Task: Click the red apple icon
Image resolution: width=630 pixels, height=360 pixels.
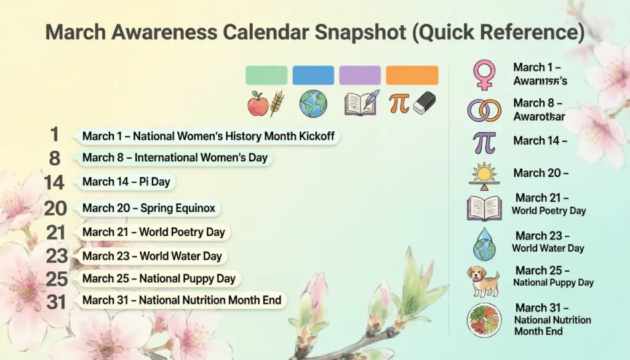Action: point(258,103)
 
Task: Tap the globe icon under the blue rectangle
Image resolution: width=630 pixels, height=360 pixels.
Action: point(313,103)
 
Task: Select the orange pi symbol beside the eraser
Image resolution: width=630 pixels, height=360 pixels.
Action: point(399,103)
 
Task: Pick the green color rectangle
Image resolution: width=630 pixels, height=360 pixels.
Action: point(266,75)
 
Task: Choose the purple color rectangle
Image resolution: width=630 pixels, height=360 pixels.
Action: point(360,75)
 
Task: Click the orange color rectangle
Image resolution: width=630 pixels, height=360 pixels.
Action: point(412,75)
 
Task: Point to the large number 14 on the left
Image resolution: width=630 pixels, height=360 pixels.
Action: point(55,182)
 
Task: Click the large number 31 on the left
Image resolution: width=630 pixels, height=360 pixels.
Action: point(57,301)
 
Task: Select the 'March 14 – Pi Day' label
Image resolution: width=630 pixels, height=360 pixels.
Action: point(126,182)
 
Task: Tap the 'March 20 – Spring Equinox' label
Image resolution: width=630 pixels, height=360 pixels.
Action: point(149,209)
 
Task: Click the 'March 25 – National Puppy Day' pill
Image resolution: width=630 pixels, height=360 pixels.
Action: point(159,279)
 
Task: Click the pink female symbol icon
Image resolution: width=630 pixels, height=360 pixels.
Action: point(484,74)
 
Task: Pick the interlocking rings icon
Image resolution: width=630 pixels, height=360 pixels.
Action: point(484,110)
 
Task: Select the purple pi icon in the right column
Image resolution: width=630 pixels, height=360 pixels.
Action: point(484,142)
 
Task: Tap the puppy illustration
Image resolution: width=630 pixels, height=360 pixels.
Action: point(484,280)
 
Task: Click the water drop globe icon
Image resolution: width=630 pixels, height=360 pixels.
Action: point(484,244)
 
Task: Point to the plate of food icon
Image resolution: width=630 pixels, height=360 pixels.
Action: point(484,320)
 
